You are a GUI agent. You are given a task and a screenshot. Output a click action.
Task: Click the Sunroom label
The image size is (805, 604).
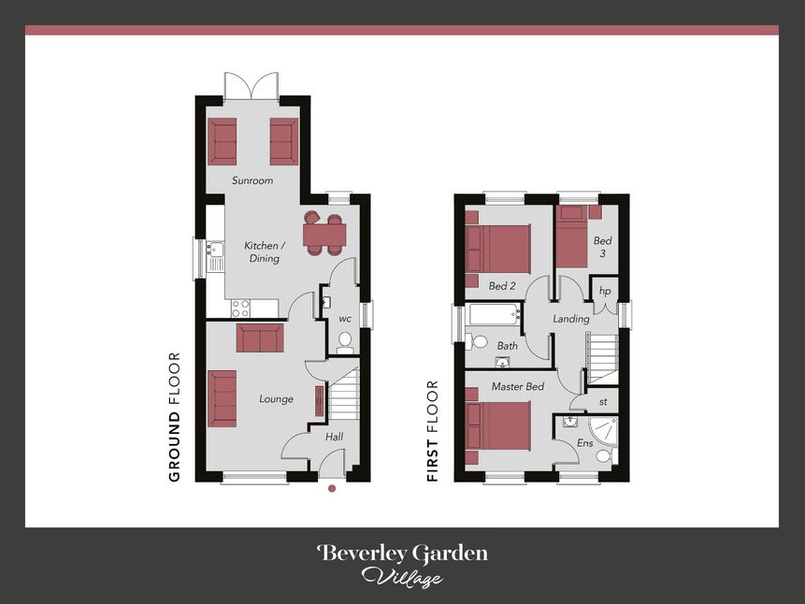(x=252, y=180)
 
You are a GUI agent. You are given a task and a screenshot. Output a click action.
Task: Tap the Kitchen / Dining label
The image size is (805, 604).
(x=265, y=252)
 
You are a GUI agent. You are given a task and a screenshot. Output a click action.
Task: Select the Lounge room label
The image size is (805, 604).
(x=276, y=399)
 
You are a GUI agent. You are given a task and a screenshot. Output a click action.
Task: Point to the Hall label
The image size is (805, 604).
(x=334, y=437)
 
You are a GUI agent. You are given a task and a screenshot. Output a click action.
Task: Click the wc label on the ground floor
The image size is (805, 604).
(x=345, y=319)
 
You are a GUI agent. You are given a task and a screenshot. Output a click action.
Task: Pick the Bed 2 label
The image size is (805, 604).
(x=502, y=285)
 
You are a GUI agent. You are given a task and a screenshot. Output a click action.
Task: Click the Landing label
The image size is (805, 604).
(x=571, y=319)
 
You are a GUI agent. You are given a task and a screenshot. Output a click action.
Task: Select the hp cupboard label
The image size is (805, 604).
(x=604, y=291)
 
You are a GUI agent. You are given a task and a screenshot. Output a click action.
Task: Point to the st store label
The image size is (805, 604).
(x=603, y=403)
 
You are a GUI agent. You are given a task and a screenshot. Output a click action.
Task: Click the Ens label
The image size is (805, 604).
(x=585, y=442)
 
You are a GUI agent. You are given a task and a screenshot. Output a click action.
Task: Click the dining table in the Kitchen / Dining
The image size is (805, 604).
(x=324, y=234)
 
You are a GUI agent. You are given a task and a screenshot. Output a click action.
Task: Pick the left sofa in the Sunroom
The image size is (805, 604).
(x=223, y=141)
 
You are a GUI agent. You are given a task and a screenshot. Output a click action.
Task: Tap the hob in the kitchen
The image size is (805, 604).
(x=240, y=308)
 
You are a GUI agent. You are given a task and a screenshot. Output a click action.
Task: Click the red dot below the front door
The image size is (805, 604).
(x=331, y=487)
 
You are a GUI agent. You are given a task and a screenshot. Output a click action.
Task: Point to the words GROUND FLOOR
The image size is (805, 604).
(x=174, y=417)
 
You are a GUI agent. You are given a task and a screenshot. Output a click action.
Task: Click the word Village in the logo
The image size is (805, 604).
(x=402, y=577)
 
